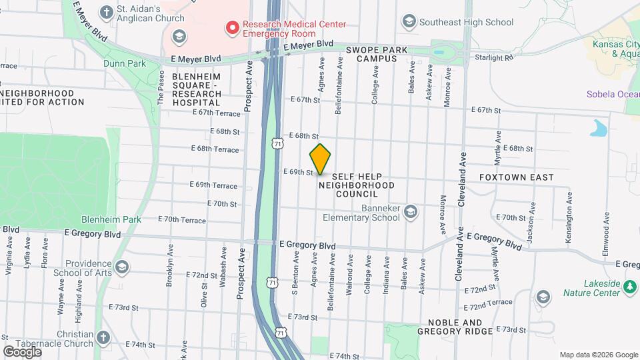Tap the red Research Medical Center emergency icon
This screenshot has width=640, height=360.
pyautogui.click(x=233, y=27)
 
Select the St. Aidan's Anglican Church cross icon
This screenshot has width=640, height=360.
pyautogui.click(x=106, y=12)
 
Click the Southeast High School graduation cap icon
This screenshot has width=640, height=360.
pyautogui.click(x=408, y=22)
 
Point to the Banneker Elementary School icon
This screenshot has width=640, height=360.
pyautogui.click(x=411, y=212)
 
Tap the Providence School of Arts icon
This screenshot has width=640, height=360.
pyautogui.click(x=121, y=267)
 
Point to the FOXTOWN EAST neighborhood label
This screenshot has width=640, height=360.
pyautogui.click(x=516, y=177)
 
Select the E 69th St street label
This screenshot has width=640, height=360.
pyautogui.click(x=298, y=172)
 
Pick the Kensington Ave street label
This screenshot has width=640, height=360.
pyautogui.click(x=569, y=209)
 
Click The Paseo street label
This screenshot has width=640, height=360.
pyautogui.click(x=161, y=87)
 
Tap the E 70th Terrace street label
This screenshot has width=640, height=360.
pyautogui.click(x=182, y=219)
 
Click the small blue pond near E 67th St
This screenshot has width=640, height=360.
pyautogui.click(x=599, y=127)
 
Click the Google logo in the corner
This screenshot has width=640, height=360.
pyautogui.click(x=23, y=351)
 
